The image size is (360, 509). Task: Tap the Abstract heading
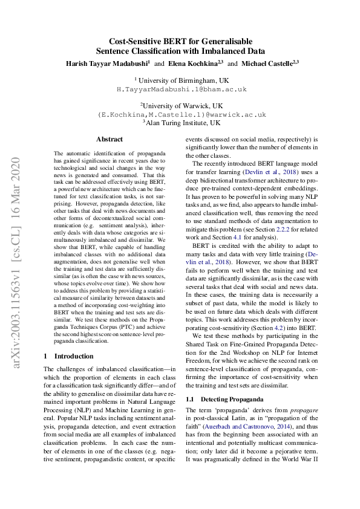110,139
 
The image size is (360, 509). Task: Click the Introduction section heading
71,357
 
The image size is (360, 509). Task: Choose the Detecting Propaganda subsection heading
231,400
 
